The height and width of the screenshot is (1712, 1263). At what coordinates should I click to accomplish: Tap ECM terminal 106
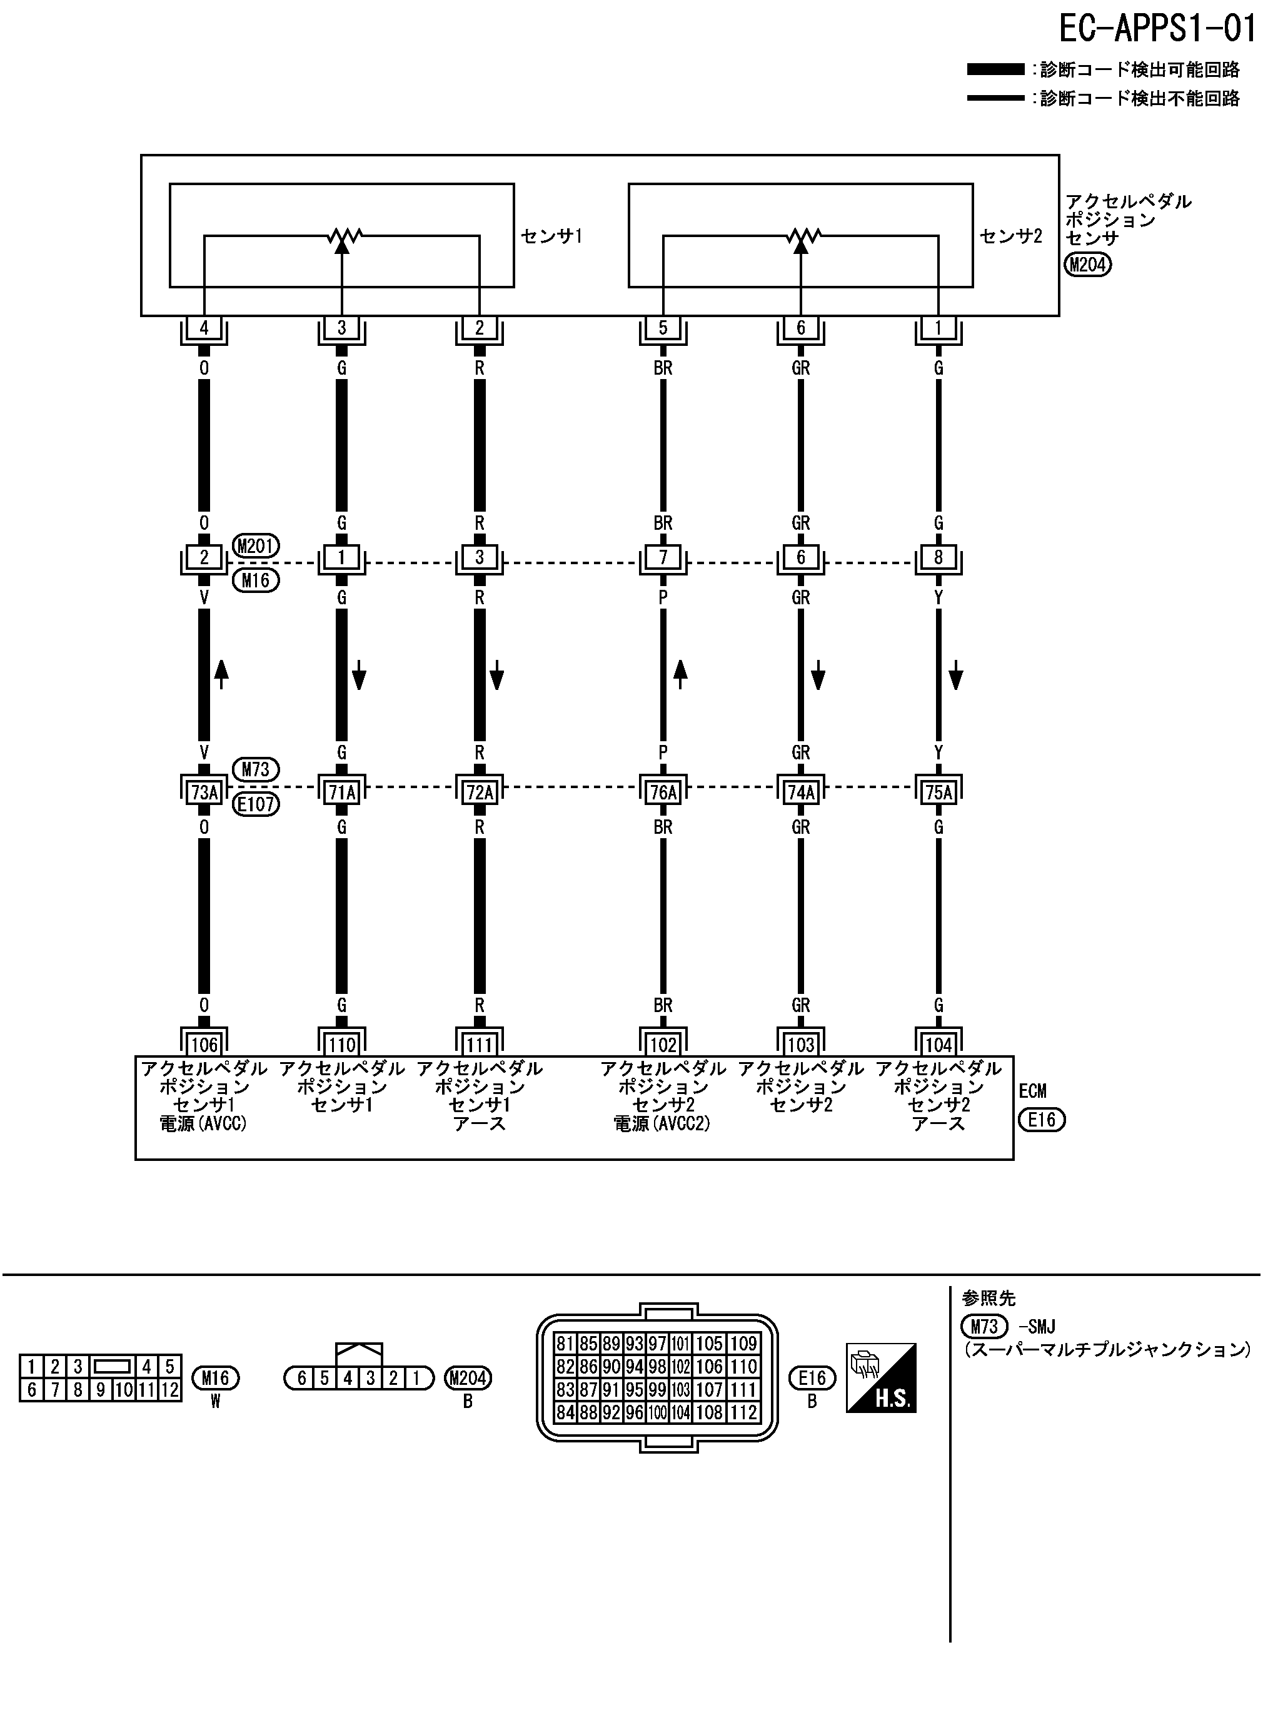204,1044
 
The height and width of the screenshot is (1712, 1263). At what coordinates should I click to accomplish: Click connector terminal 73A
204,792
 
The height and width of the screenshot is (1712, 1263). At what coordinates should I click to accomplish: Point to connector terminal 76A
663,792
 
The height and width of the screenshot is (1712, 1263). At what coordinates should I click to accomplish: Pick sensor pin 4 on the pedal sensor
204,327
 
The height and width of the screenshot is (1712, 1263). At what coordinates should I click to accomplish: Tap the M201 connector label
256,546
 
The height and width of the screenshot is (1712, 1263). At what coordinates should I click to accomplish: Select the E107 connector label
256,804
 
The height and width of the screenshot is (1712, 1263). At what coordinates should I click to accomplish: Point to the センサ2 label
1010,236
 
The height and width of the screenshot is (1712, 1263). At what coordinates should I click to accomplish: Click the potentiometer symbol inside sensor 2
800,236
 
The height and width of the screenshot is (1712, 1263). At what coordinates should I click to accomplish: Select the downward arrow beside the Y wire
955,677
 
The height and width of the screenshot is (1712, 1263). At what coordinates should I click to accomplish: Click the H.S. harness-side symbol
881,1377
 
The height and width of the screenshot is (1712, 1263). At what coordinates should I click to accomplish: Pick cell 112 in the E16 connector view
743,1412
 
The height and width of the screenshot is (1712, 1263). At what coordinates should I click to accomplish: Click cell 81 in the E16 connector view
565,1344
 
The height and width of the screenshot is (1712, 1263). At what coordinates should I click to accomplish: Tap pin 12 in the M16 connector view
169,1389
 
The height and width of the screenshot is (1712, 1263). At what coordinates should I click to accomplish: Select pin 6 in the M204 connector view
302,1378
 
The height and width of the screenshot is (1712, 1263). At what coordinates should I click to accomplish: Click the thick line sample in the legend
995,69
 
